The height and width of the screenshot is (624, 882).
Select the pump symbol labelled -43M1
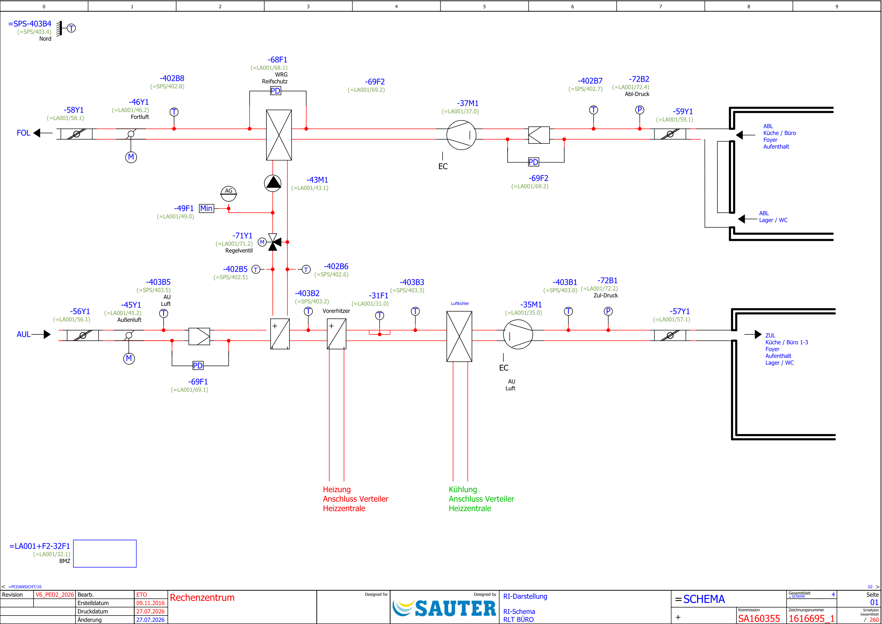tap(273, 183)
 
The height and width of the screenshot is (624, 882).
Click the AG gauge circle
tap(229, 193)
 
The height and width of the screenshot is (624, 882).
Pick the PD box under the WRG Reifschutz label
tap(275, 91)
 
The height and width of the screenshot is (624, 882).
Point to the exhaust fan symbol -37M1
tap(461, 135)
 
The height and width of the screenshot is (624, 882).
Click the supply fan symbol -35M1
tap(518, 335)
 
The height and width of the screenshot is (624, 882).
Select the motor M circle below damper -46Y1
tap(131, 157)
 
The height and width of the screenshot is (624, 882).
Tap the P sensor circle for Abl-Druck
tap(640, 110)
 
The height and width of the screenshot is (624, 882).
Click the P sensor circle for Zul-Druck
tap(608, 311)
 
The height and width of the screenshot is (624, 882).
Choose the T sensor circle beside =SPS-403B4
tap(71, 28)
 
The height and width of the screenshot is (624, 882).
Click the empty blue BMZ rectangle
tap(105, 553)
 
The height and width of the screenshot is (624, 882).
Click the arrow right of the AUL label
tap(41, 334)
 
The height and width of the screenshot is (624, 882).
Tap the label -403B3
tap(412, 282)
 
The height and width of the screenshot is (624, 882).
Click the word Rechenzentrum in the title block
tap(202, 597)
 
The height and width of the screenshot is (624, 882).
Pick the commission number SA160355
tap(759, 618)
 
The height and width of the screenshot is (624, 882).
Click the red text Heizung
tap(337, 489)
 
